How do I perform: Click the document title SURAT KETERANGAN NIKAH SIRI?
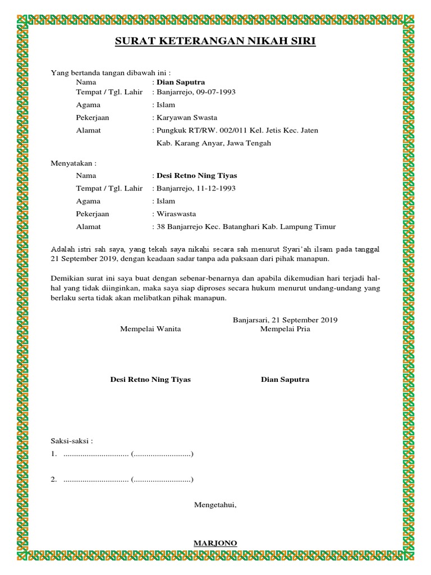[215, 42]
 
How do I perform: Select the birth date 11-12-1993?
[216, 188]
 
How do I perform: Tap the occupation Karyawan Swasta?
[187, 117]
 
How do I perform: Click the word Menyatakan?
[74, 163]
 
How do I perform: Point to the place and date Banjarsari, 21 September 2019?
[285, 320]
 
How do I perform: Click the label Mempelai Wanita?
[150, 329]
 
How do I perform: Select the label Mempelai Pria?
[285, 329]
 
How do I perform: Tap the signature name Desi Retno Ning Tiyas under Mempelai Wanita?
[150, 380]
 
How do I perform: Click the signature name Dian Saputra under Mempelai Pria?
[285, 380]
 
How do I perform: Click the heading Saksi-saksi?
[72, 441]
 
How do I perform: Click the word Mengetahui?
[215, 505]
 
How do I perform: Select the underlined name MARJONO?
[215, 543]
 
